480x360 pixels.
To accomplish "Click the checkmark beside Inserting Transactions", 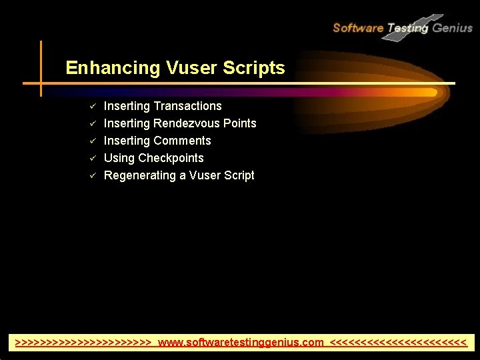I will [x=94, y=106].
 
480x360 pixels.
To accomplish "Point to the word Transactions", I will [x=187, y=106].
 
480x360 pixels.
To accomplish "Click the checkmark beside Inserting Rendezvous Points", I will [x=94, y=123].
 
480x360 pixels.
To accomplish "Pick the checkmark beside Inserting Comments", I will [x=94, y=141].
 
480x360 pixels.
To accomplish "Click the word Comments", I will [x=182, y=141].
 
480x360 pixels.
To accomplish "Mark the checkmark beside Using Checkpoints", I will [x=94, y=158].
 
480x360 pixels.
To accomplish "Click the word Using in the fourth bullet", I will [x=119, y=158].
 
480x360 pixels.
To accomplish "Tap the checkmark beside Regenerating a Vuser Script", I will [x=94, y=175].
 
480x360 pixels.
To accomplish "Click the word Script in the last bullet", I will [x=239, y=175].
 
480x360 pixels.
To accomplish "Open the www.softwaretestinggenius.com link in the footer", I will [x=241, y=343].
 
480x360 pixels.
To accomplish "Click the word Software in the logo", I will [x=357, y=28].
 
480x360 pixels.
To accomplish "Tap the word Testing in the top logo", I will [x=407, y=28].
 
